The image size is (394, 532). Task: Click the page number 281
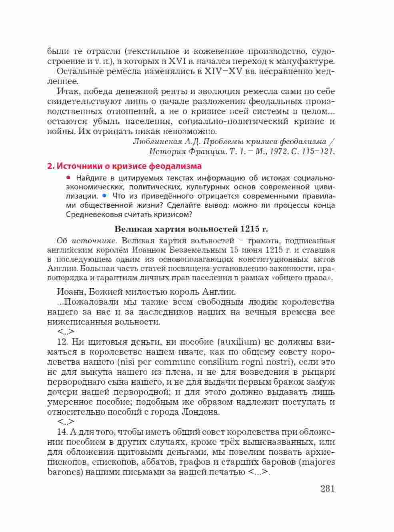[x=327, y=488]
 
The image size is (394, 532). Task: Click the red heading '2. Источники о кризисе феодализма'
[x=124, y=166]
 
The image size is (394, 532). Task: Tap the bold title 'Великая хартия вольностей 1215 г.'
[x=191, y=229]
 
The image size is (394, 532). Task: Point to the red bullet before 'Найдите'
[x=69, y=177]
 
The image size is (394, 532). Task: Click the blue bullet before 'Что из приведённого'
[x=104, y=196]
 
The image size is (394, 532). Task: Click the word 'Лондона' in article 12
[x=198, y=412]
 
